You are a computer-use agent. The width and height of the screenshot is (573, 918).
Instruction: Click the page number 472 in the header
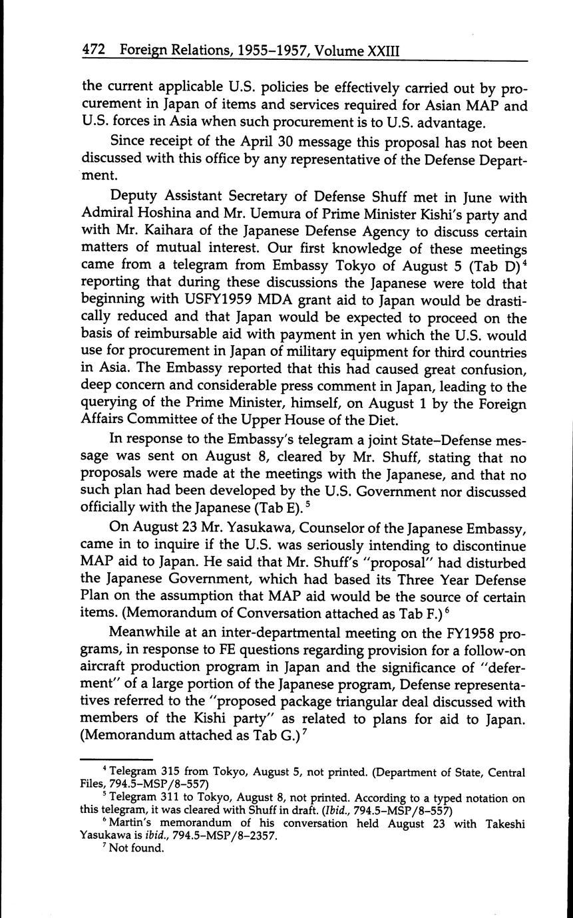94,51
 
